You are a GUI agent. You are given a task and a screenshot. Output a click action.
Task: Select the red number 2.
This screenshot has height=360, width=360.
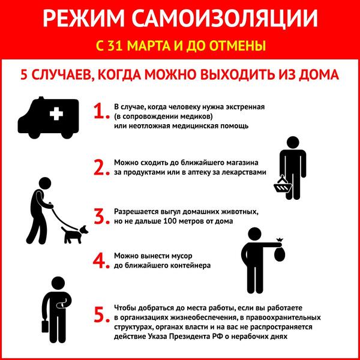[x=100, y=166]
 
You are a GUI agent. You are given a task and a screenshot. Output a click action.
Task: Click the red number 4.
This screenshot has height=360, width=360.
[x=100, y=260]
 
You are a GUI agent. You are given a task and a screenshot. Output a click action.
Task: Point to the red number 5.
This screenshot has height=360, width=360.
[x=100, y=316]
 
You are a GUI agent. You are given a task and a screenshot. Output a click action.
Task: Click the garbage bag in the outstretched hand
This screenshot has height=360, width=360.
[x=279, y=251]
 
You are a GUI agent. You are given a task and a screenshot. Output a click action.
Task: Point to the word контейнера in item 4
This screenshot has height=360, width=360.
[x=180, y=265]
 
